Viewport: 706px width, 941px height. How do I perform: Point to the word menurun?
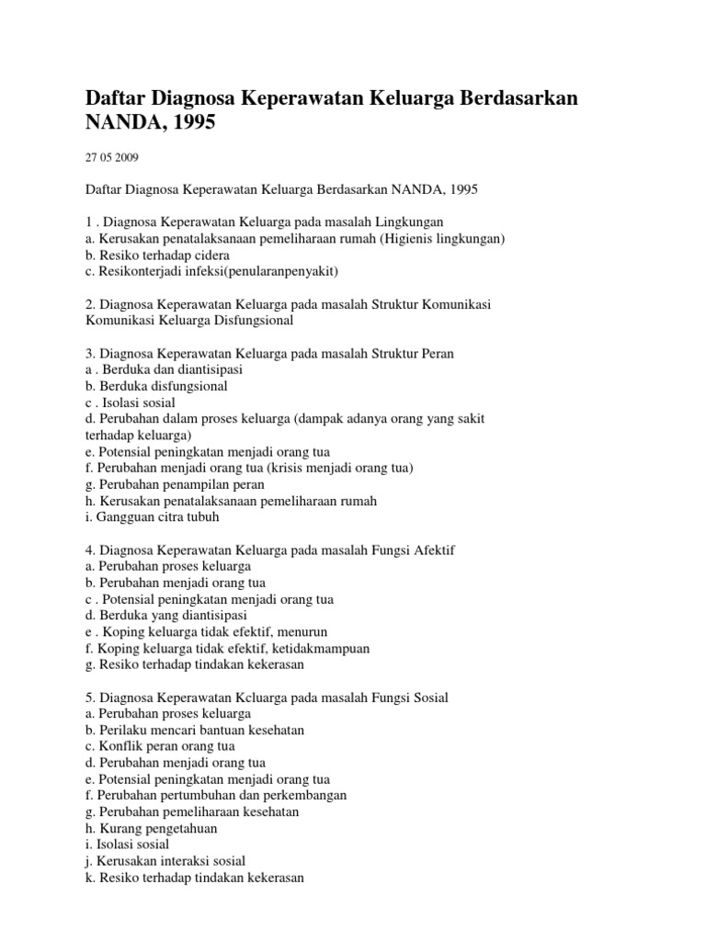click(x=302, y=632)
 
